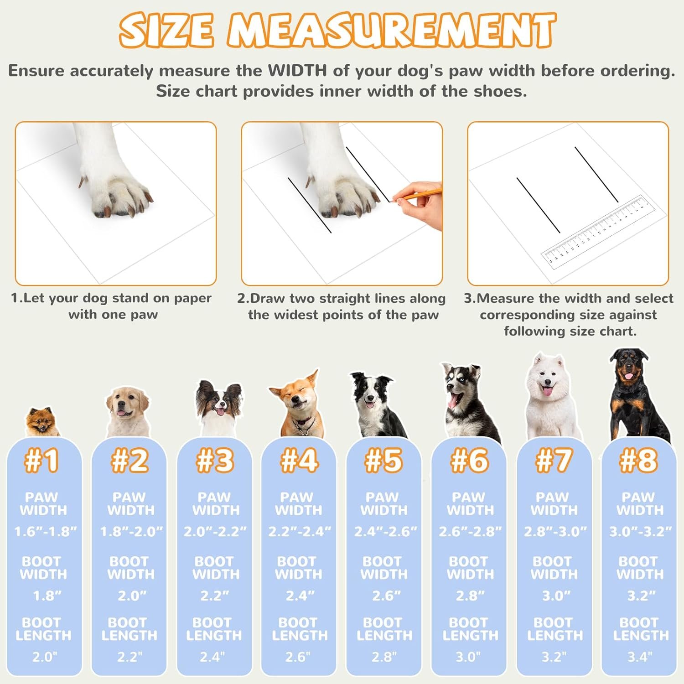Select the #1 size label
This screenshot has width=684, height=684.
pyautogui.click(x=41, y=460)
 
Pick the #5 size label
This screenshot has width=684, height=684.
pyautogui.click(x=383, y=460)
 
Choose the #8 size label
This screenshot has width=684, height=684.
pyautogui.click(x=639, y=460)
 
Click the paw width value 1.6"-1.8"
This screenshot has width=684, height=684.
pyautogui.click(x=45, y=531)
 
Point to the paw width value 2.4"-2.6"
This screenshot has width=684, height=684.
pyautogui.click(x=386, y=531)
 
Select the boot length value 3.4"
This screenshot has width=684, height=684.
pyautogui.click(x=640, y=657)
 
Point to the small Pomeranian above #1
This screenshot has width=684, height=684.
pyautogui.click(x=42, y=422)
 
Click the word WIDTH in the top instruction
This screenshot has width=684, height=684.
pyautogui.click(x=297, y=71)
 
